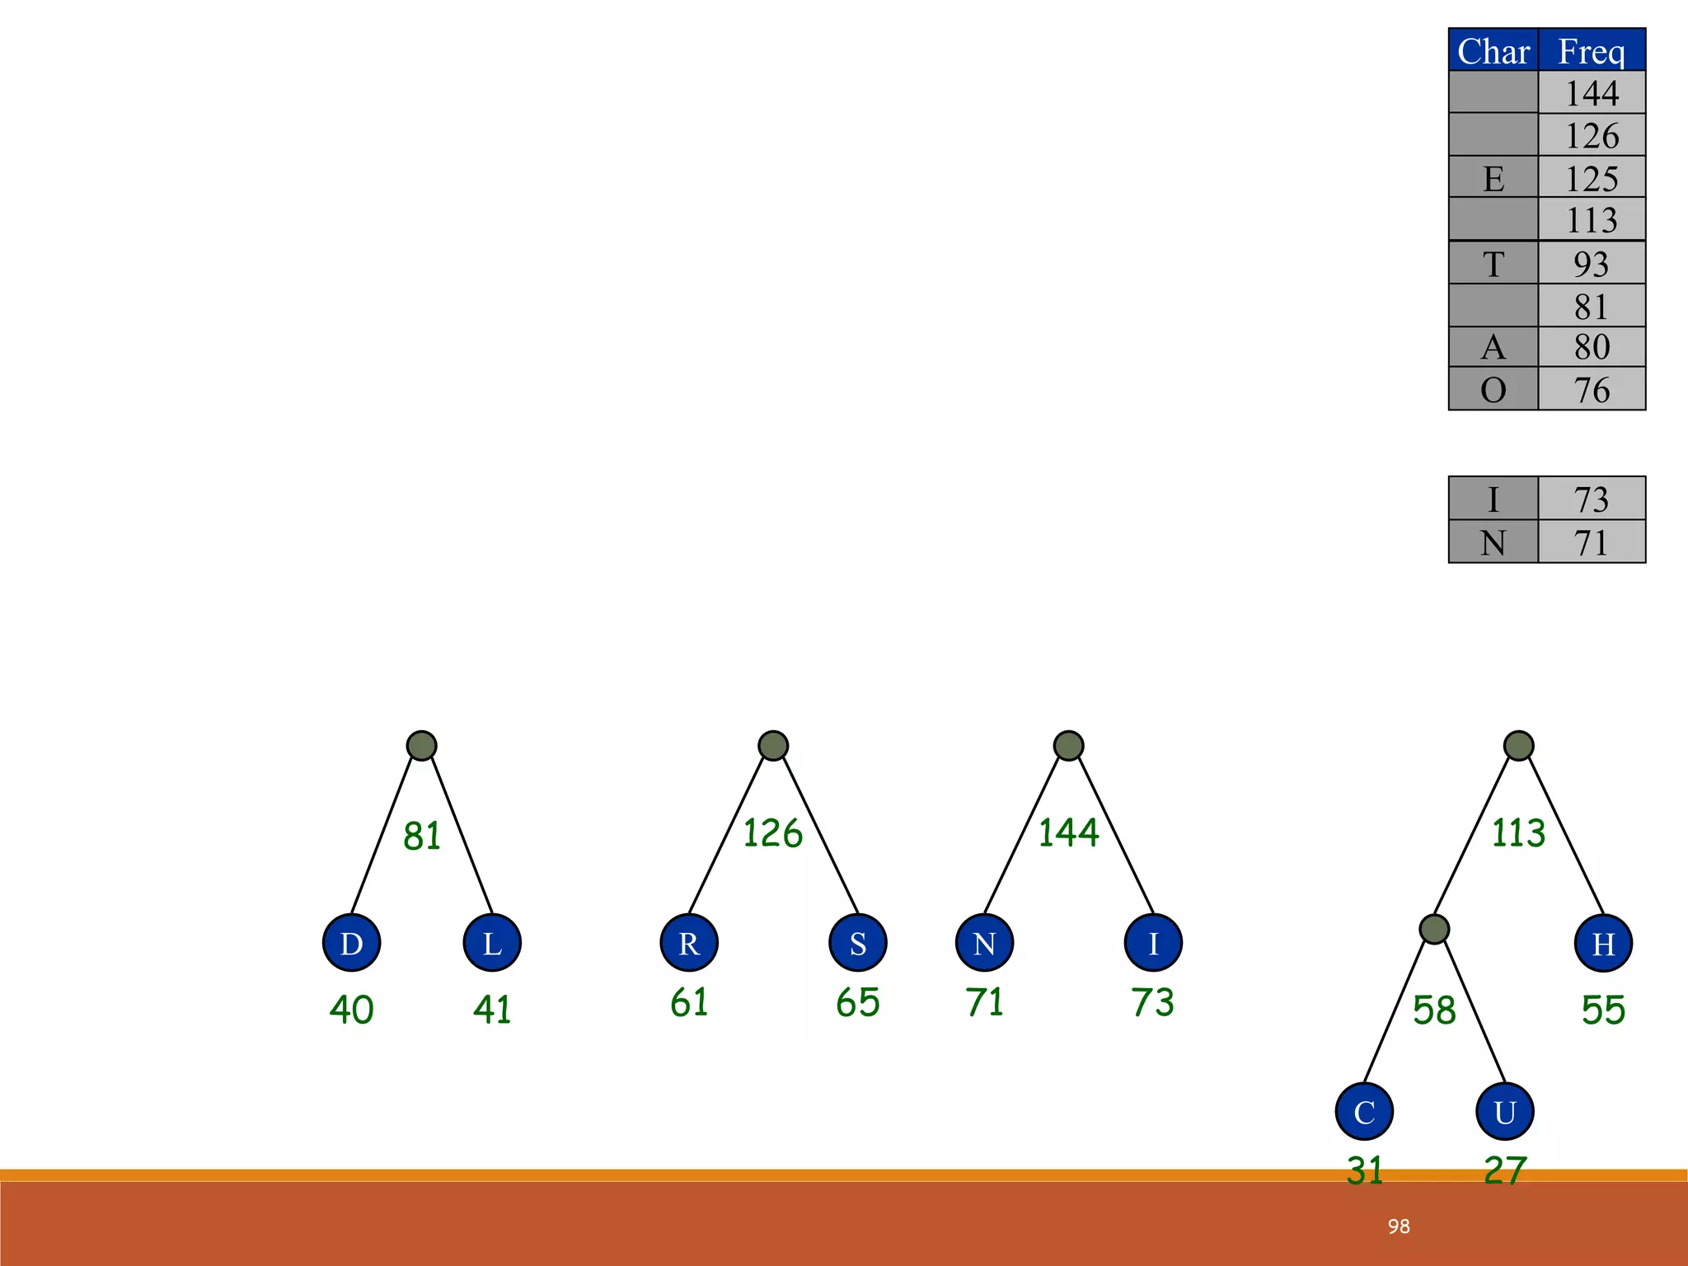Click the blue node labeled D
pyautogui.click(x=352, y=943)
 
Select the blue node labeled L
pyautogui.click(x=492, y=943)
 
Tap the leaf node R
pyautogui.click(x=689, y=943)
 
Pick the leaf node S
pyautogui.click(x=858, y=943)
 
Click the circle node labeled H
pyautogui.click(x=1603, y=943)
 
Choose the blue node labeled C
pyautogui.click(x=1364, y=1112)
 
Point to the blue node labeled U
pyautogui.click(x=1505, y=1112)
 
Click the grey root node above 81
pyautogui.click(x=422, y=746)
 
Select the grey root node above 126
pyautogui.click(x=773, y=746)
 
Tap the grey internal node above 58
pyautogui.click(x=1435, y=929)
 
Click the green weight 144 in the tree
pyautogui.click(x=1068, y=832)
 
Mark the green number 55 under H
pyautogui.click(x=1603, y=1010)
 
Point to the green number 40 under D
pyautogui.click(x=352, y=1010)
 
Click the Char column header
pyautogui.click(x=1493, y=51)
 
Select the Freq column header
pyautogui.click(x=1592, y=51)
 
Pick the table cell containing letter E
pyautogui.click(x=1493, y=178)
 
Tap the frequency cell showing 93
pyautogui.click(x=1592, y=264)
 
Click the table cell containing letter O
pyautogui.click(x=1493, y=390)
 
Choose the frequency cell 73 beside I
pyautogui.click(x=1592, y=499)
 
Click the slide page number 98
pyautogui.click(x=1399, y=1226)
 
